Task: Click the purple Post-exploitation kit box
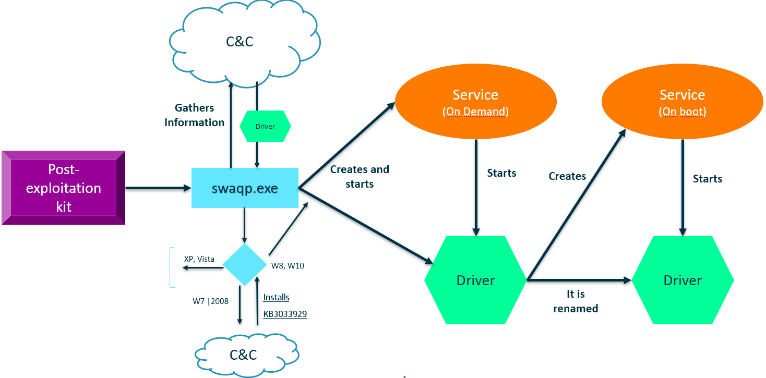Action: (63, 188)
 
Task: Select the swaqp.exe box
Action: (245, 188)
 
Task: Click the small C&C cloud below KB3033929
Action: (244, 355)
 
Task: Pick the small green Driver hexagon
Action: (265, 126)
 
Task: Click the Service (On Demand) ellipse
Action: (475, 102)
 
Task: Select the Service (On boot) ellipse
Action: (682, 102)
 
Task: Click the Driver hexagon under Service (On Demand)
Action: (475, 281)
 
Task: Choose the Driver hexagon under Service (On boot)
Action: (683, 281)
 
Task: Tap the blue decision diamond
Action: (245, 264)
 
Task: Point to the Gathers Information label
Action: (194, 115)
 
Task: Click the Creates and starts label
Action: (360, 177)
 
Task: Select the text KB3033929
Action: (285, 314)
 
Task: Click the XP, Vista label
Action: (199, 259)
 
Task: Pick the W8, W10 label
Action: (288, 266)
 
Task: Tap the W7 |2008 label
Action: (210, 301)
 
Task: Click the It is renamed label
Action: (576, 301)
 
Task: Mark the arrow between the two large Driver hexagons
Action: (579, 281)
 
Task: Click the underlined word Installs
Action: (276, 298)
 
